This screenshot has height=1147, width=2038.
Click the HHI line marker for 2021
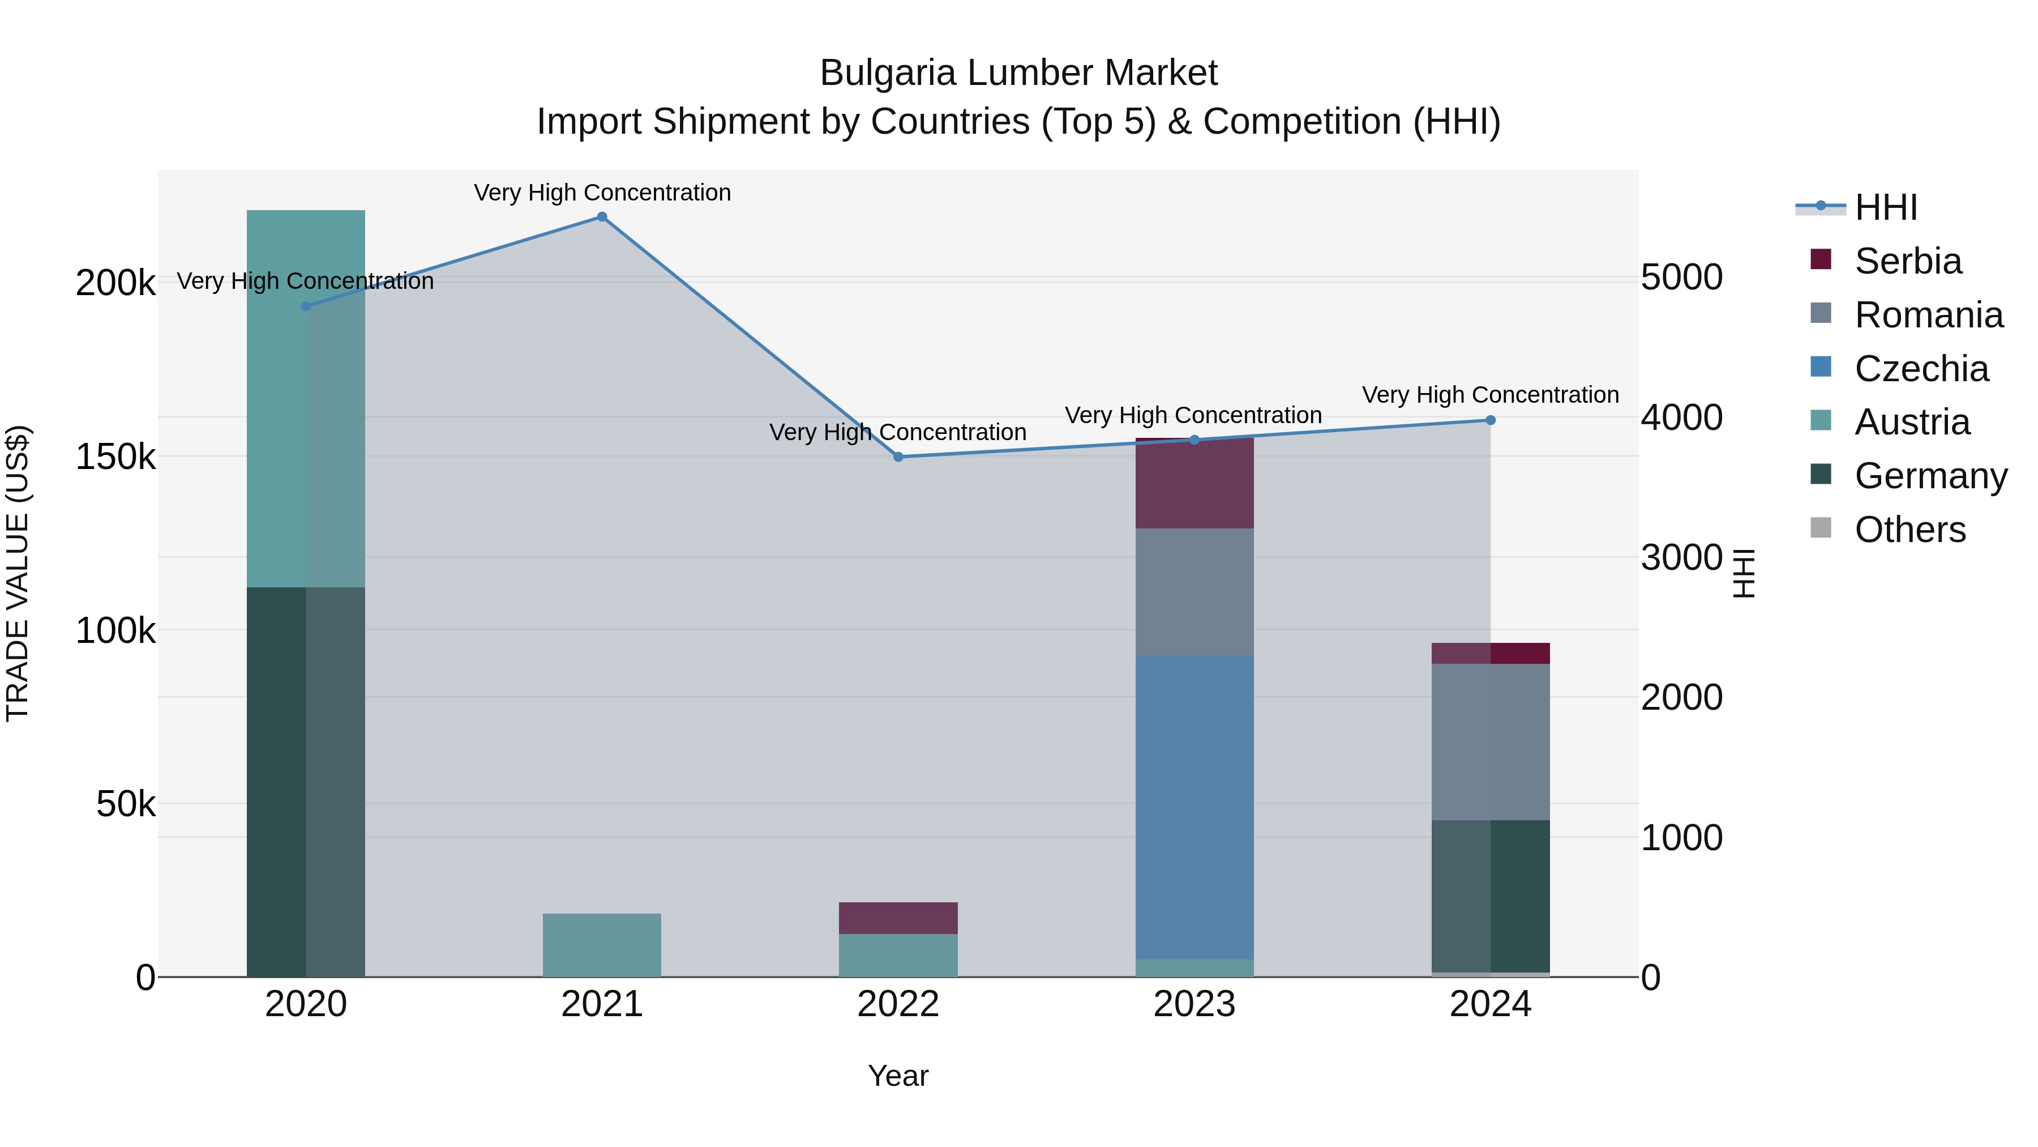click(602, 217)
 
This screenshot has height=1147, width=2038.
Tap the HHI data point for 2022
click(898, 457)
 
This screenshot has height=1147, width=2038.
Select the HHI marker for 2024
click(1491, 420)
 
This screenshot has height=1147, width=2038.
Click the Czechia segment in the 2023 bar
click(1194, 807)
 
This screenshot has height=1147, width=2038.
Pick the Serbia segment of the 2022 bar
click(898, 918)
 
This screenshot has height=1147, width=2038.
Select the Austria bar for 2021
click(602, 945)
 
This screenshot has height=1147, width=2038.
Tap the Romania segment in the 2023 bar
click(1194, 591)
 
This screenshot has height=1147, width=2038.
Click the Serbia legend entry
click(1907, 261)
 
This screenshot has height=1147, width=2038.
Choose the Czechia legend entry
click(1921, 369)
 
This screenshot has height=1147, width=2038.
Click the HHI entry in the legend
click(1885, 207)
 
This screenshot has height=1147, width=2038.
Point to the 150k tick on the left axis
click(115, 457)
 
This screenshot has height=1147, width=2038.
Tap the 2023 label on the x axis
click(1194, 1004)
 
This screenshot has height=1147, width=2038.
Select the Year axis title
click(898, 1076)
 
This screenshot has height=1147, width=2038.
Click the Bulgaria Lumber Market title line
click(1018, 73)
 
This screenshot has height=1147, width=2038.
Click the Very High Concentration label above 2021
click(602, 193)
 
